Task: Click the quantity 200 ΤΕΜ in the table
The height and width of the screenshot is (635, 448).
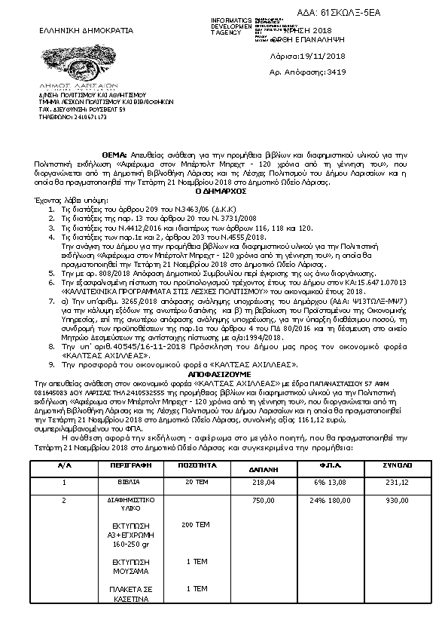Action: click(x=197, y=523)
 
